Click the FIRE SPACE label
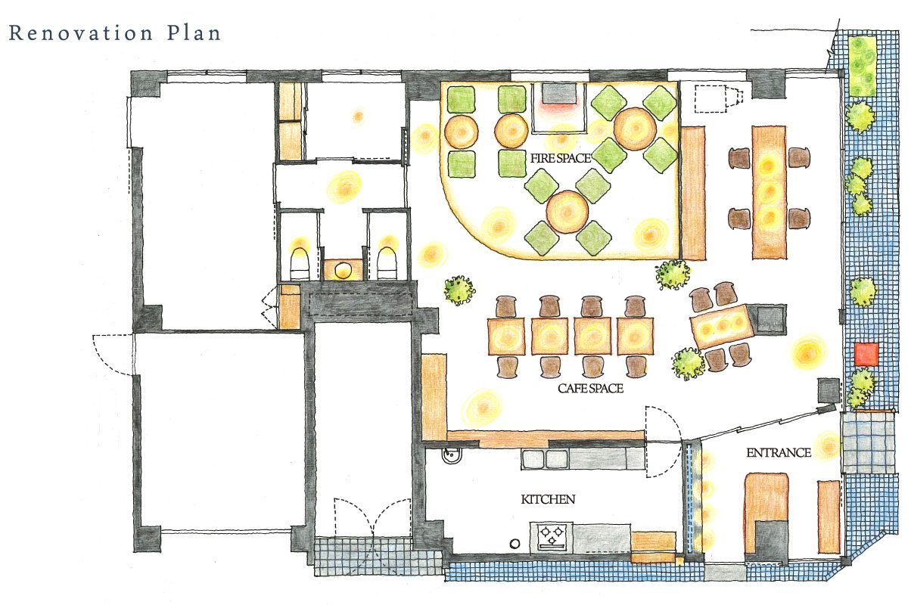561,158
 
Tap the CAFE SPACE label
591,388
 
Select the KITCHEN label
548,499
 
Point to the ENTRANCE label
779,453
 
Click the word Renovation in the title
81,33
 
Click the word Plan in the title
194,33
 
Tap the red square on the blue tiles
866,354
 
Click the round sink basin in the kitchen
451,456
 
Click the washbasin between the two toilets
344,269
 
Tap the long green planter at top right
863,66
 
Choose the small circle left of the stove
515,544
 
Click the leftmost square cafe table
506,337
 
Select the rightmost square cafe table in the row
635,337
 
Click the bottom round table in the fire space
567,212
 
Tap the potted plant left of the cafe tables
459,290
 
